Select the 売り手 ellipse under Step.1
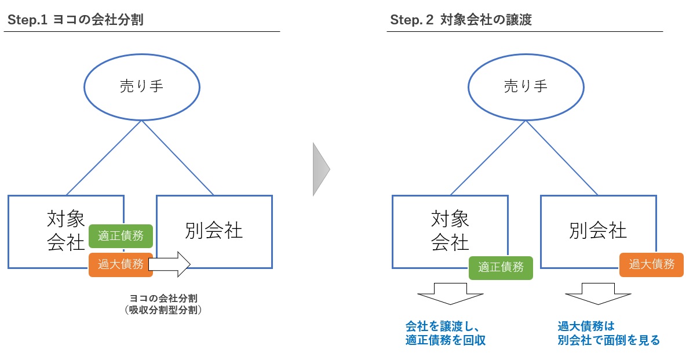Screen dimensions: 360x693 142,87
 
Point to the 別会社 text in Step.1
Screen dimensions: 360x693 214,231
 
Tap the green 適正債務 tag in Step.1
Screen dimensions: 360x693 121,236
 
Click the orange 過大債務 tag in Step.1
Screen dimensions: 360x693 121,264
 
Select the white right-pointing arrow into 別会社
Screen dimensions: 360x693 170,264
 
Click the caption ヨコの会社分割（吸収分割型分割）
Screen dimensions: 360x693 166,304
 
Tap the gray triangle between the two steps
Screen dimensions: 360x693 320,169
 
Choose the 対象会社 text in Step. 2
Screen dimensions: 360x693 450,231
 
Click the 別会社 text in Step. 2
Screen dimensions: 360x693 599,231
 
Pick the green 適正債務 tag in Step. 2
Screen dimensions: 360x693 501,267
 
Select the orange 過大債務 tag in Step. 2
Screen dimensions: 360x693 652,264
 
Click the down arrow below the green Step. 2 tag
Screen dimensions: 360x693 450,294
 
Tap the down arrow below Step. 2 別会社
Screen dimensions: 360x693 598,294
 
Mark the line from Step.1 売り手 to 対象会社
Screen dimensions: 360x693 104,158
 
